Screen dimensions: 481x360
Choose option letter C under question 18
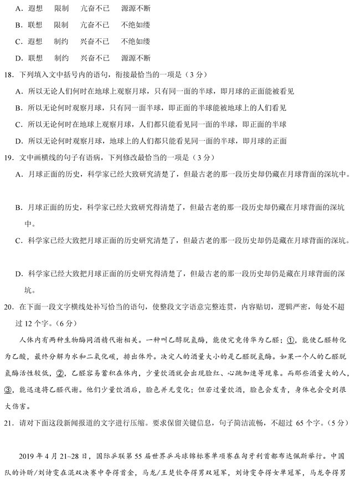point(18,125)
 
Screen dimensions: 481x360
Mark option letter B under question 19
point(18,208)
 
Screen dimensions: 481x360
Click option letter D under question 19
point(18,274)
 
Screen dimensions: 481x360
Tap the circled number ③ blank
point(8,390)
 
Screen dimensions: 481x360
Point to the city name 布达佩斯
point(299,457)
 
